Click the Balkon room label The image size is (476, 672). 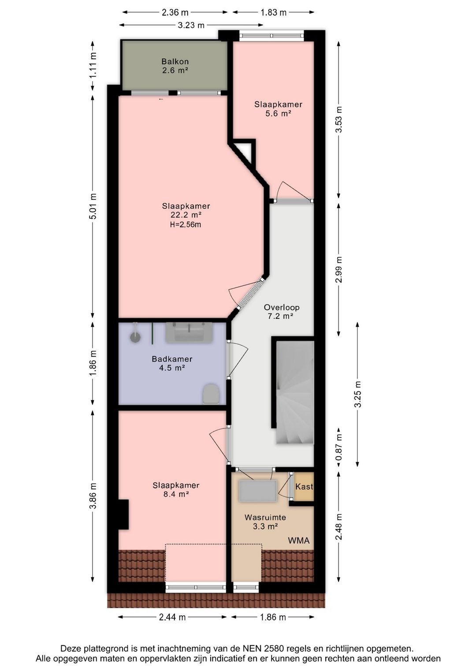click(x=175, y=62)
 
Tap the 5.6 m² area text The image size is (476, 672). click(x=279, y=114)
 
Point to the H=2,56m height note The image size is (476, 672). click(x=186, y=225)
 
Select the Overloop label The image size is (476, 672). click(x=282, y=307)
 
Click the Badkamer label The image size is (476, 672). click(x=172, y=359)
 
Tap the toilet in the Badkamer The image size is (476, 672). click(x=211, y=394)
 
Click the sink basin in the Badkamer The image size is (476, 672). click(x=189, y=332)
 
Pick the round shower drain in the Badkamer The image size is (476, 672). click(x=135, y=337)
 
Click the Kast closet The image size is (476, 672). click(x=304, y=486)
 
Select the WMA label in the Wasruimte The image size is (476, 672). click(x=298, y=541)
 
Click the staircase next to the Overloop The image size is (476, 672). click(x=295, y=392)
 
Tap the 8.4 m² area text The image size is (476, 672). click(x=176, y=494)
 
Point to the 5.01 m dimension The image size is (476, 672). click(x=93, y=207)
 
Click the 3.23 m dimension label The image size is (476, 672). click(x=191, y=25)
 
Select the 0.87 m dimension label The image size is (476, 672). click(x=339, y=447)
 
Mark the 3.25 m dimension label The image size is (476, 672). click(x=358, y=394)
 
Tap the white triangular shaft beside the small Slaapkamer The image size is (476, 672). click(x=245, y=152)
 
